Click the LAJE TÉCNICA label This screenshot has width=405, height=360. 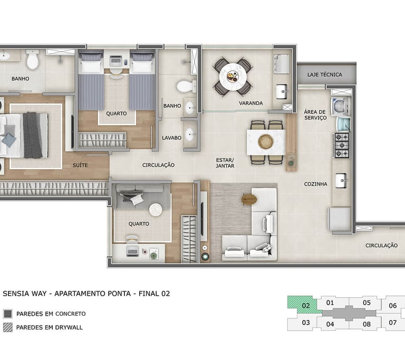tap(325, 75)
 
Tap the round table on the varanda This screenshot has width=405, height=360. tap(233, 77)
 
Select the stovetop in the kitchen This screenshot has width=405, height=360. tap(342, 145)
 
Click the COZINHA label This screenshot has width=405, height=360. tap(316, 184)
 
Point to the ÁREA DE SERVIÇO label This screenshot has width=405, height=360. tap(315, 115)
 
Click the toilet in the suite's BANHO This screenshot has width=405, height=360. tap(33, 60)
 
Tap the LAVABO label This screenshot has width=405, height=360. tap(171, 138)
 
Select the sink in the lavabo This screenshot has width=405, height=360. tap(190, 134)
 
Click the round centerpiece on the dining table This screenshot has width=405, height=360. tap(266, 142)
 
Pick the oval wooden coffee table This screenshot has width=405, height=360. tap(249, 199)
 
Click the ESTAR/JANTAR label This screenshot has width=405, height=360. tap(225, 163)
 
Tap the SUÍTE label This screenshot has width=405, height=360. tap(80, 166)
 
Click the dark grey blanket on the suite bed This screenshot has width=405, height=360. tap(32, 135)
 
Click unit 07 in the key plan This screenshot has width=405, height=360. tap(392, 323)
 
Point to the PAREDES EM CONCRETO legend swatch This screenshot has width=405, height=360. tap(8, 314)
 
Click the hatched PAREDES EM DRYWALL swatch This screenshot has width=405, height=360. tap(8, 327)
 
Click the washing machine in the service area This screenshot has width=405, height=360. tap(341, 106)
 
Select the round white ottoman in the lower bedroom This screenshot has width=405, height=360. tap(156, 209)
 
